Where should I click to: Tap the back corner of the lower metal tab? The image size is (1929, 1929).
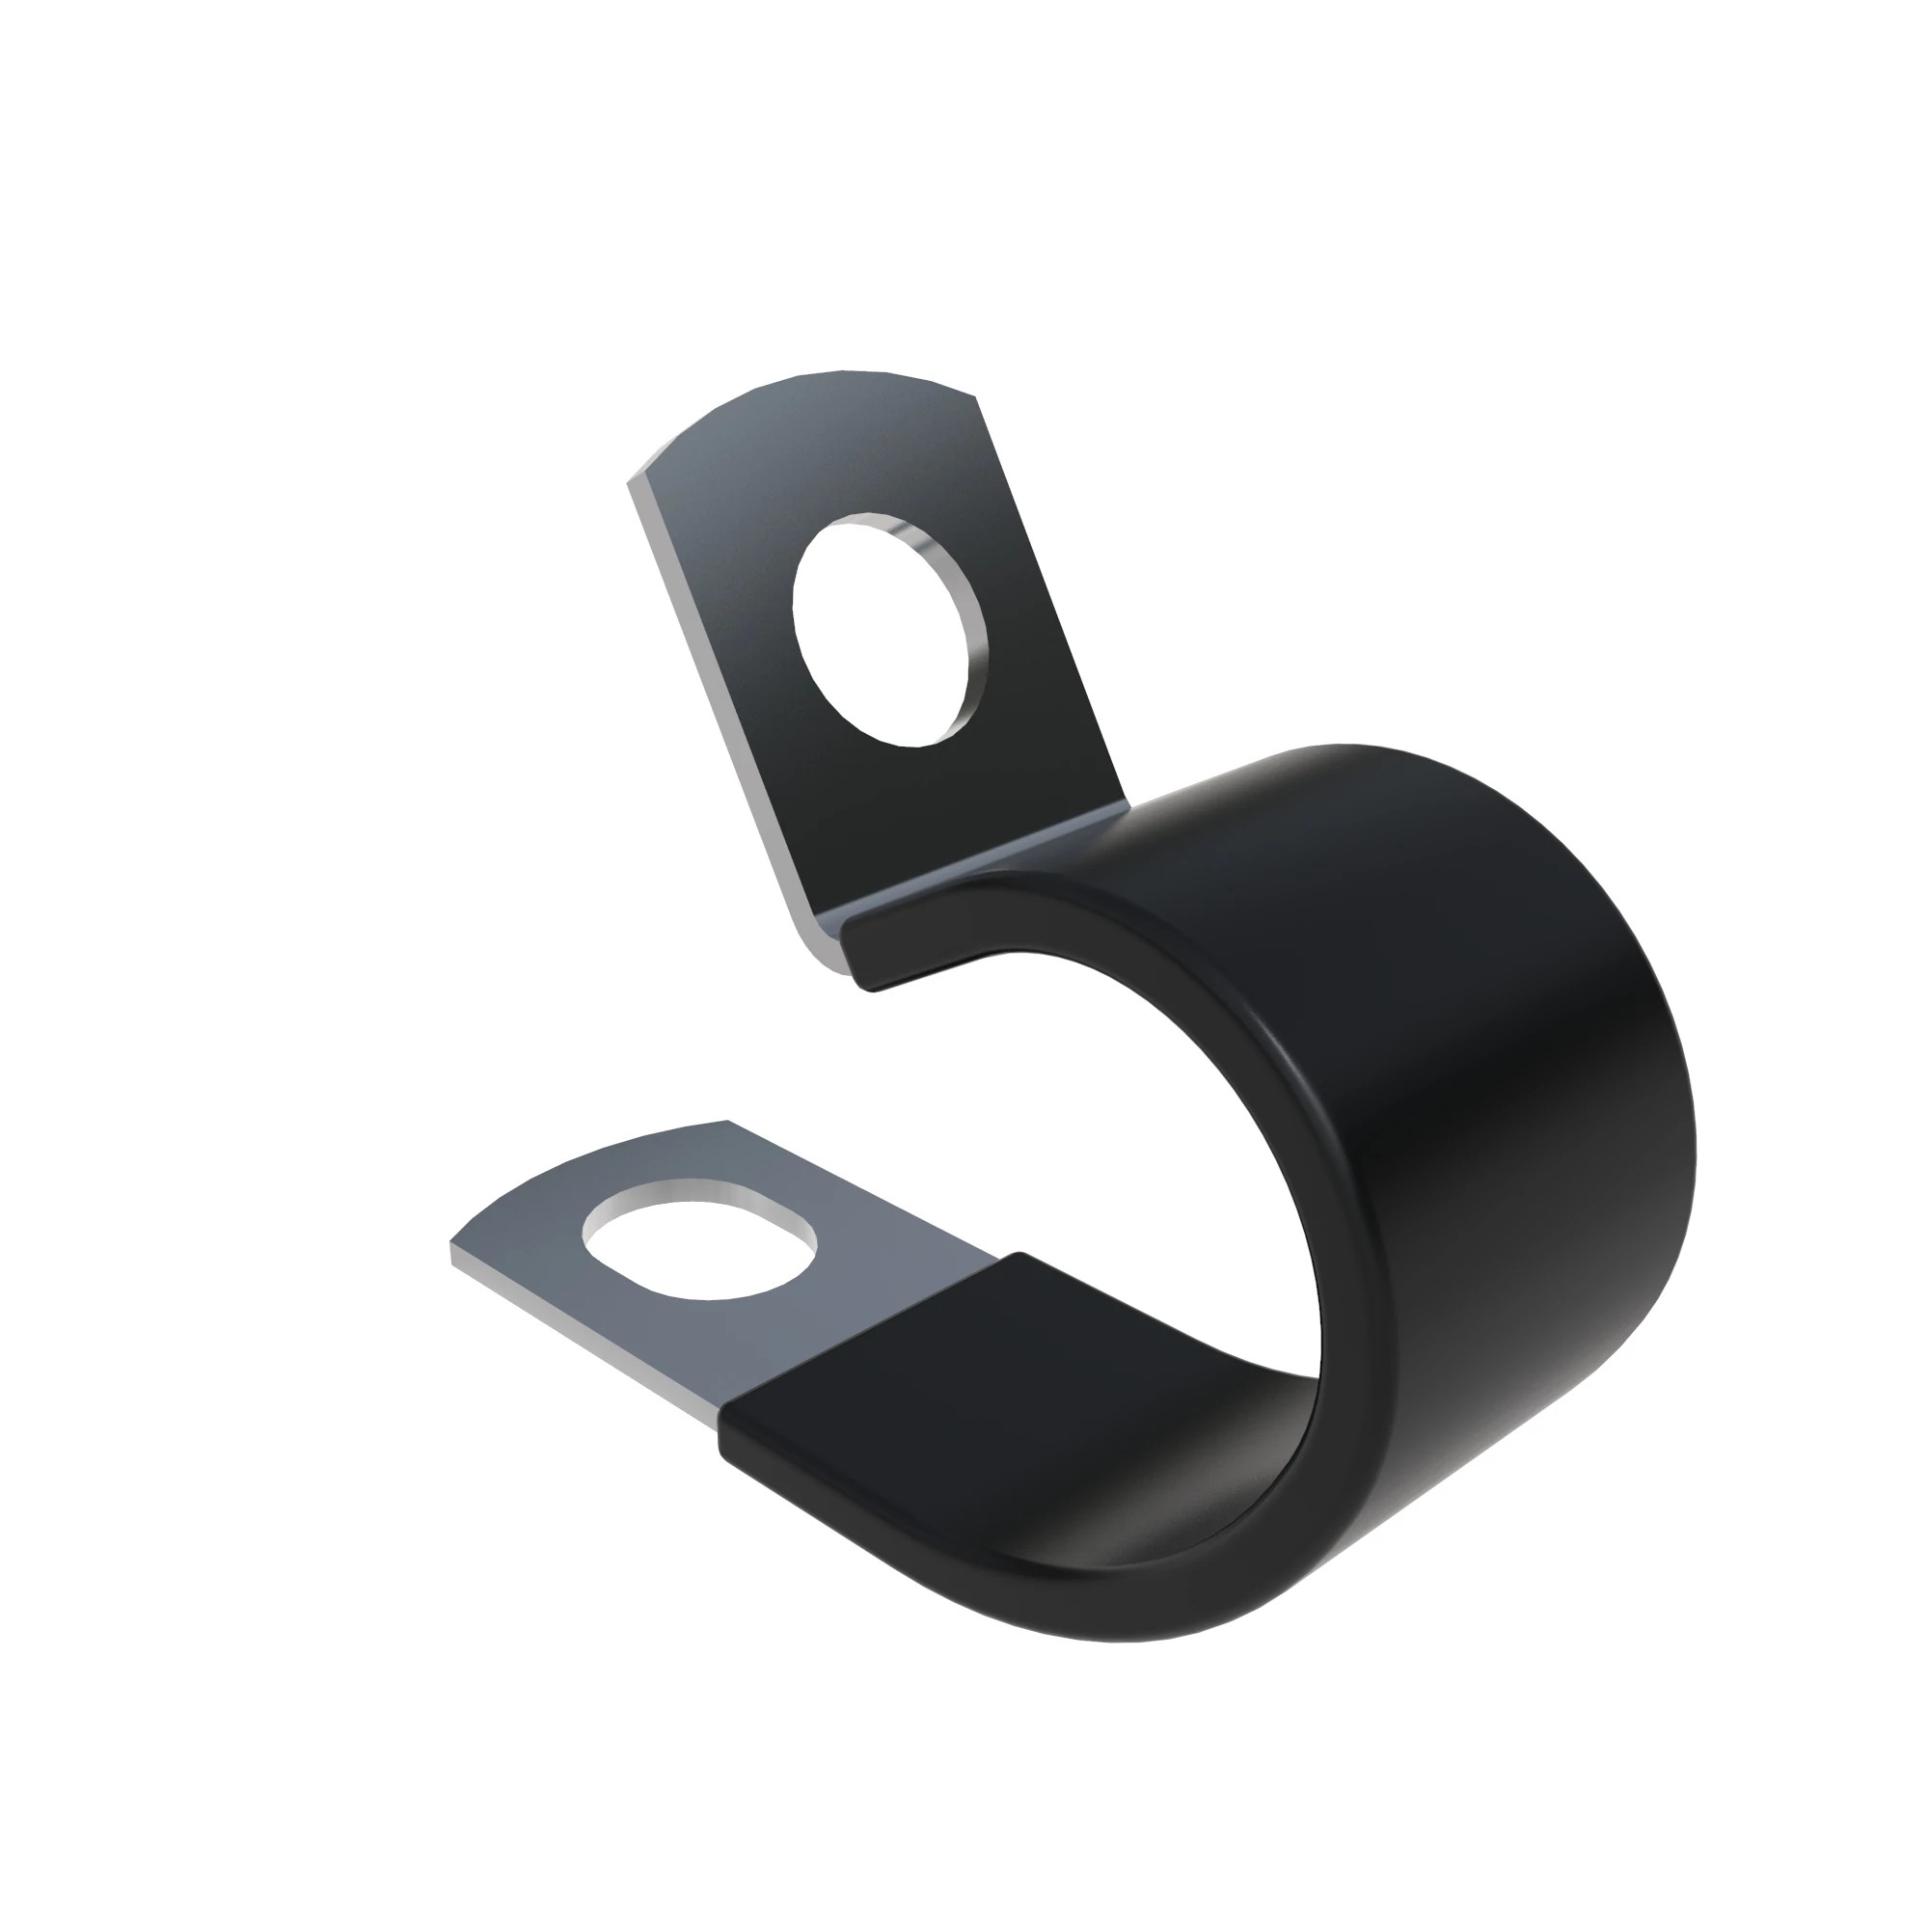(729, 1123)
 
